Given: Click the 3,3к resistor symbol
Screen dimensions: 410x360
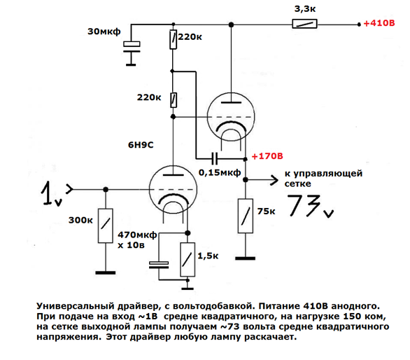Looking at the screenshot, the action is pos(304,24).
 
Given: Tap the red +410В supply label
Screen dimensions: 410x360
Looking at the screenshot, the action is pos(379,23).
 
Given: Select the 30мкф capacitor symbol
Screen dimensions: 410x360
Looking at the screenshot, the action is pos(132,47).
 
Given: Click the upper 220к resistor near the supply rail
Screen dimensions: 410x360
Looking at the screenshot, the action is pos(173,39).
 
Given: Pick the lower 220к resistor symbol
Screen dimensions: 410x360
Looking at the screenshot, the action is pos(173,100).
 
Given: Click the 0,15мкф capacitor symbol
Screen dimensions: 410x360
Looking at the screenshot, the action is pos(214,158).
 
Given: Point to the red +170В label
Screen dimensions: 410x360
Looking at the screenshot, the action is pos(267,156).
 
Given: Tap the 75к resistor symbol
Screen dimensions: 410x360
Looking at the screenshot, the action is pos(246,216).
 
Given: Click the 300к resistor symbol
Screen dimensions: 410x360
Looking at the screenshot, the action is pos(106,226).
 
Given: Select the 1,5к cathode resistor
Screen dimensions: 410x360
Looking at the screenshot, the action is pos(188,259).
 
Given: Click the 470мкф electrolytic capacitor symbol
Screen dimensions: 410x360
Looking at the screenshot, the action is pos(159,265).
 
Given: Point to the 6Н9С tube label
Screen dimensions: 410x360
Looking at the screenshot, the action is pos(141,145).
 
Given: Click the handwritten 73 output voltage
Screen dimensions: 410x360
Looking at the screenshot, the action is pos(304,205).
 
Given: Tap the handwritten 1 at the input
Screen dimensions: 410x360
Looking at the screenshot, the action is pos(48,193).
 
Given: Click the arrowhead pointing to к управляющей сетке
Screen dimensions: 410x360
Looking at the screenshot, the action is pos(274,180).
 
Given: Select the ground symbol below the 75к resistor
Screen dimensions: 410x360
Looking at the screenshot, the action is pos(245,258).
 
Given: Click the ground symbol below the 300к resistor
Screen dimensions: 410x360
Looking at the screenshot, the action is pos(106,272).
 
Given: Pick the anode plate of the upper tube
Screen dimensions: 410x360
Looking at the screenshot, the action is pos(231,102).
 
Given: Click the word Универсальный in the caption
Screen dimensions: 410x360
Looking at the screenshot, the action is pos(76,307).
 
